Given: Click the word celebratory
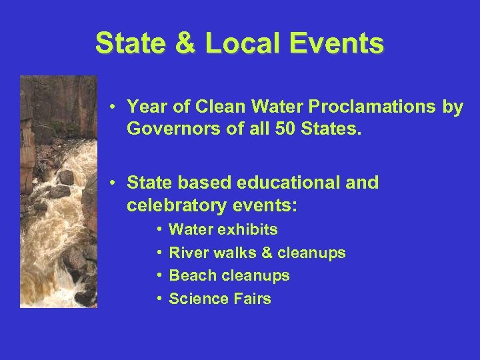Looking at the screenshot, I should [174, 205].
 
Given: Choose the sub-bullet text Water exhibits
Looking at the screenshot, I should [223, 230].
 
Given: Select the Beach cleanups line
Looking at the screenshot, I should [229, 275].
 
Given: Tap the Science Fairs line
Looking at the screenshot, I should [220, 299].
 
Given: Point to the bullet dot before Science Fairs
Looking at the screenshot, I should [161, 299].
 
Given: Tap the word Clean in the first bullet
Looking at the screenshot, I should [213, 107].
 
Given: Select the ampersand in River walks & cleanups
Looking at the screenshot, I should [267, 253].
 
